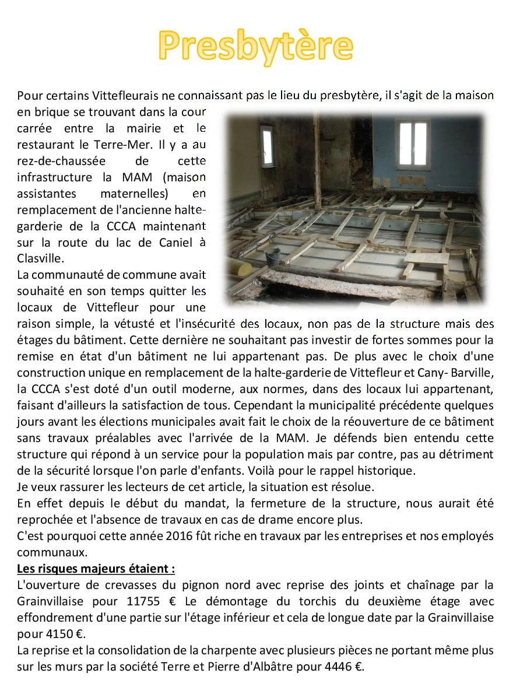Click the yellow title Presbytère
tap(256, 45)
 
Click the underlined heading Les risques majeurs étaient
tap(96, 568)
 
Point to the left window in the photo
tap(267, 146)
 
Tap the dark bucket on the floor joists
tap(273, 255)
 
